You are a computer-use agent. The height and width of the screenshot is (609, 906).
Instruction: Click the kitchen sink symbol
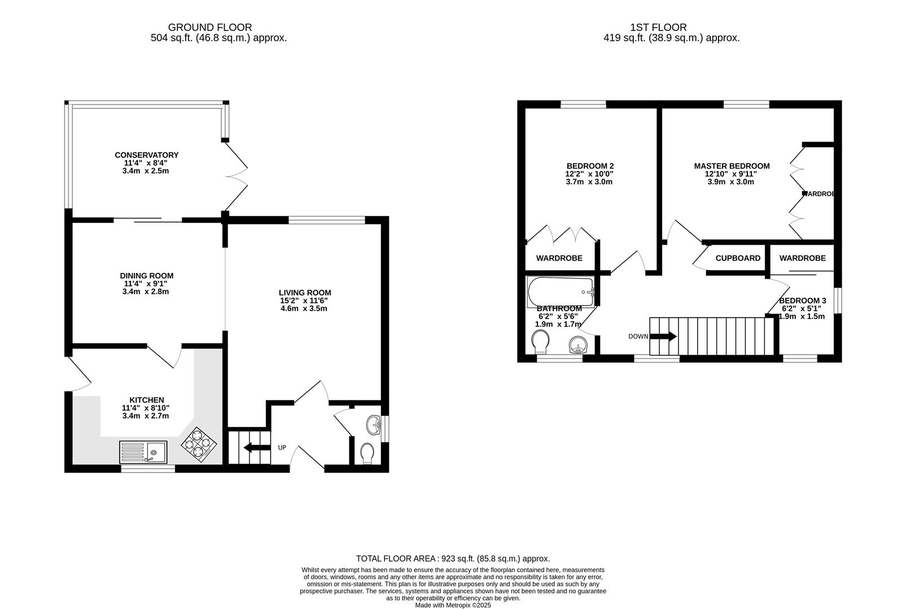[x=143, y=452]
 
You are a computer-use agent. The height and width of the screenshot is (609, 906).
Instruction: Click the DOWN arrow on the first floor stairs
[x=664, y=337]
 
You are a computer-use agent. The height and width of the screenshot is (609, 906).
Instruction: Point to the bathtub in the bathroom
[x=561, y=292]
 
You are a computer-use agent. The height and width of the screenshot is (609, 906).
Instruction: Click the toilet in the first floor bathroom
[x=540, y=342]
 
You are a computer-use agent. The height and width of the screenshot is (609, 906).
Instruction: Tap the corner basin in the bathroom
[x=579, y=345]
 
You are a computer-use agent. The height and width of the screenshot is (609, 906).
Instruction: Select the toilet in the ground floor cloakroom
[x=367, y=453]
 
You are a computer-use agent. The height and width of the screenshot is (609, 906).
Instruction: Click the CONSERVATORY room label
[x=146, y=155]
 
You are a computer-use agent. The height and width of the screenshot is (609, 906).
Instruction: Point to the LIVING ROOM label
[x=305, y=293]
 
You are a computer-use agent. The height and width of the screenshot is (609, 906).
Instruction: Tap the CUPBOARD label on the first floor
[x=738, y=258]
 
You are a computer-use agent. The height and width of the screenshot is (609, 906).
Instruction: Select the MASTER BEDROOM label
[x=732, y=166]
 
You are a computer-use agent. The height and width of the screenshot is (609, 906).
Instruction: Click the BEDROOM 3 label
[x=802, y=301]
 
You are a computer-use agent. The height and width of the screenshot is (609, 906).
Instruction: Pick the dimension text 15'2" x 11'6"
[x=305, y=301]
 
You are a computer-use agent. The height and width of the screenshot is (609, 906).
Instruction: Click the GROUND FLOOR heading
[x=210, y=27]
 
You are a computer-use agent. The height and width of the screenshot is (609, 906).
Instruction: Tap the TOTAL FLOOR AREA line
[x=453, y=558]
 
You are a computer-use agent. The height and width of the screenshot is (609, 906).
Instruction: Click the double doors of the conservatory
[x=235, y=175]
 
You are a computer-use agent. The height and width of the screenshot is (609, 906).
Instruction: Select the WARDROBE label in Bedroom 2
[x=559, y=258]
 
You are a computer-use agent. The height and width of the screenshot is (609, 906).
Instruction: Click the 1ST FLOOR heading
[x=658, y=27]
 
